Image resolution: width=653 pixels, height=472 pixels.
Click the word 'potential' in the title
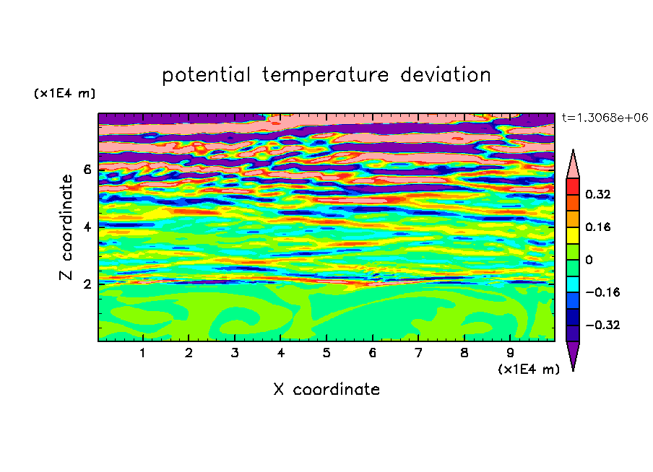point(206,75)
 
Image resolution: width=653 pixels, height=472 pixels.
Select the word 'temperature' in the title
point(325,75)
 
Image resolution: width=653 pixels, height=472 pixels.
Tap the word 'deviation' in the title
point(446,74)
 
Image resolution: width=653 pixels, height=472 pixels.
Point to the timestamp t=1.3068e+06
point(605,118)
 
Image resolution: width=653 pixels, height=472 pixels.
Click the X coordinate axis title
point(326,389)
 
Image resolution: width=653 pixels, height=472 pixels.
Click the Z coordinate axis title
point(66,227)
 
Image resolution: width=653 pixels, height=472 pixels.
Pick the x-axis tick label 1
point(143,353)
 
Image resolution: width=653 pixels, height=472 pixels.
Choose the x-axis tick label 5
point(326,353)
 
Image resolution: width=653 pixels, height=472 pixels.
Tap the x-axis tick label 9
point(510,353)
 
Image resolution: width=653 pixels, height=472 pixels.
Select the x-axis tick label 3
point(235,353)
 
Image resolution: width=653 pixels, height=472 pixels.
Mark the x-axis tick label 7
point(418,353)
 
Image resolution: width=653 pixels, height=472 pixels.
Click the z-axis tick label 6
point(87,170)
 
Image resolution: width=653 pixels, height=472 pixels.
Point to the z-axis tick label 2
point(87,284)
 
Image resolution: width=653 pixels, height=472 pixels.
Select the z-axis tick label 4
point(87,227)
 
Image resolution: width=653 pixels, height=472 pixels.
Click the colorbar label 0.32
point(598,194)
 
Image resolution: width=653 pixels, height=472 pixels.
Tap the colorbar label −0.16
point(602,292)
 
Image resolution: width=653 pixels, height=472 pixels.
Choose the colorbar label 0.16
point(598,227)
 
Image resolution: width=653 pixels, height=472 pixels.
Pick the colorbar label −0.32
point(602,325)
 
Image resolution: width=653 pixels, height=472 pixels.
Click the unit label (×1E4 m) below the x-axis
point(529,370)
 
